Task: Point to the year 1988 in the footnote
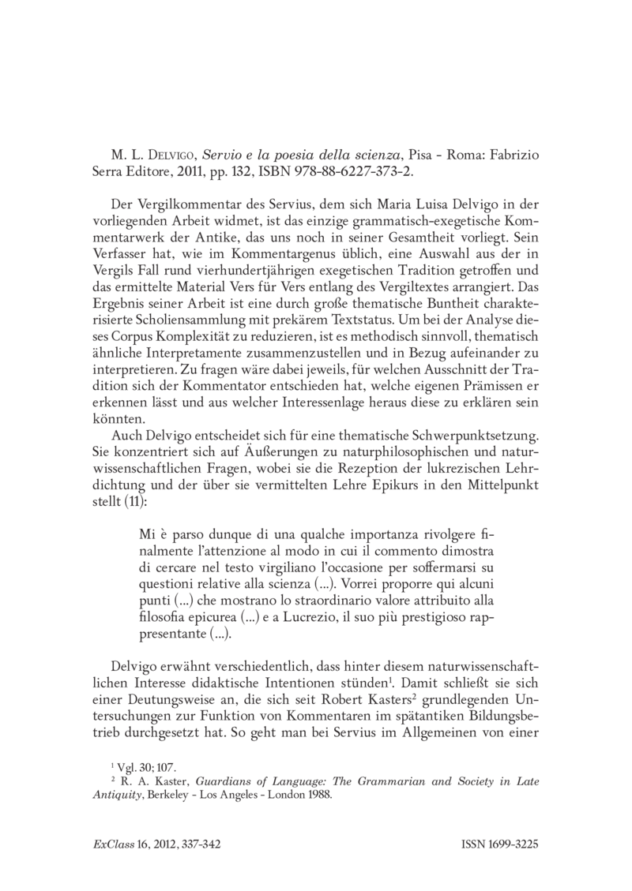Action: [319, 796]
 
